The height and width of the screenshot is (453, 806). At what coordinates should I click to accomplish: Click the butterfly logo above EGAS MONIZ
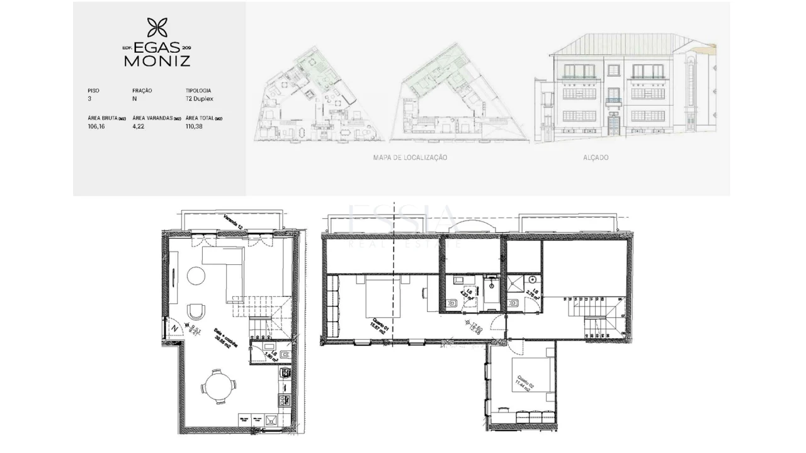pyautogui.click(x=157, y=28)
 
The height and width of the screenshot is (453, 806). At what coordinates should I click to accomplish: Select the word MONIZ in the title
pyautogui.click(x=157, y=61)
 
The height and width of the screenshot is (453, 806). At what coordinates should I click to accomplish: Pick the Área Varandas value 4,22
pyautogui.click(x=139, y=126)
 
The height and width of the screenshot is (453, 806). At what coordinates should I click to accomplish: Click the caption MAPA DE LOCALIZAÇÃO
pyautogui.click(x=410, y=157)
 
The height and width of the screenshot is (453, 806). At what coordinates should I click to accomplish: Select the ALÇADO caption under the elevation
pyautogui.click(x=595, y=157)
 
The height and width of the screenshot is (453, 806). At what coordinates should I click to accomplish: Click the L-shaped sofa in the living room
pyautogui.click(x=227, y=267)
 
